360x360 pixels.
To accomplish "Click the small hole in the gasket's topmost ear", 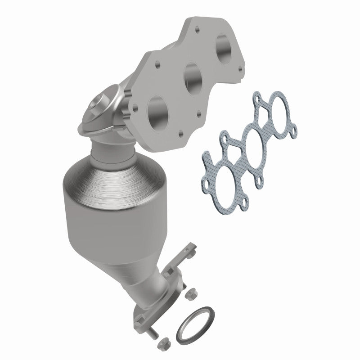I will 257,95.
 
